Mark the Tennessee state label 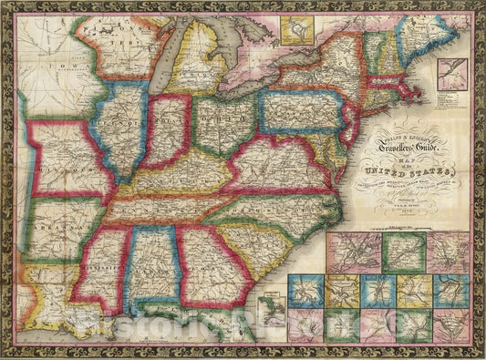pos(164,211)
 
